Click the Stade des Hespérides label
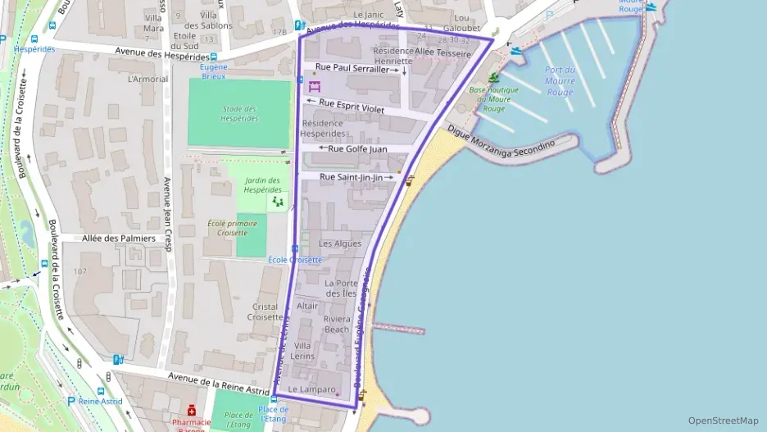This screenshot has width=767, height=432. [x=239, y=113]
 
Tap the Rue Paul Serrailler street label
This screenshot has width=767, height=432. [x=352, y=70]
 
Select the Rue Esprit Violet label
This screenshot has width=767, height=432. [x=351, y=105]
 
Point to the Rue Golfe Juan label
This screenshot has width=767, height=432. [x=356, y=149]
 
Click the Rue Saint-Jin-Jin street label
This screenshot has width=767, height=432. [x=351, y=177]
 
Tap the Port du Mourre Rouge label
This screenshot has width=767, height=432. [x=560, y=80]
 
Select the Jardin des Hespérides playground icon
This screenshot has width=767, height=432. [x=278, y=201]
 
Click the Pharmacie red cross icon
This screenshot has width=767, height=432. [x=191, y=410]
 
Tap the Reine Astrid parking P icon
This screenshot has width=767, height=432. [x=70, y=401]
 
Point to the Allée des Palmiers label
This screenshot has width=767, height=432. [x=119, y=239]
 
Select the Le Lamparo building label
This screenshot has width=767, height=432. [x=312, y=389]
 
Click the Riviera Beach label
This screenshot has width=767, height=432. [x=336, y=324]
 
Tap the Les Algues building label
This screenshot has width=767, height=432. [x=339, y=243]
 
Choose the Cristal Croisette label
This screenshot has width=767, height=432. [x=265, y=311]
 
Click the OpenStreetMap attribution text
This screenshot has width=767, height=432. [x=723, y=421]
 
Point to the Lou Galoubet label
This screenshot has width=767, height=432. [x=461, y=22]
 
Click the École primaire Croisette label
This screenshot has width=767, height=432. [x=232, y=227]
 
